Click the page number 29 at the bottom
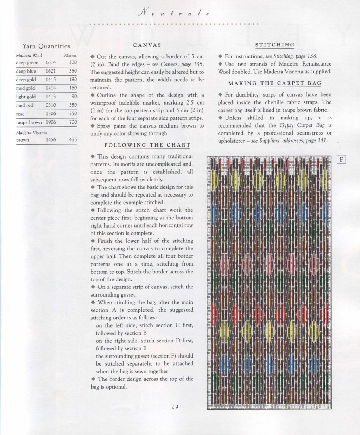tap(175, 407)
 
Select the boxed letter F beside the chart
tap(341, 160)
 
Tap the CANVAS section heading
tap(147, 45)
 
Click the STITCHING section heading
tap(275, 45)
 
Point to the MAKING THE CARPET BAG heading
tap(275, 83)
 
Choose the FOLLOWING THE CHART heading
tap(147, 145)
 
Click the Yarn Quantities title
tap(46, 46)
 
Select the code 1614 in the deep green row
tap(51, 63)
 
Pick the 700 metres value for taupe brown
tap(73, 122)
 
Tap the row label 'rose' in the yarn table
tap(20, 114)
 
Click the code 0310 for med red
tap(51, 105)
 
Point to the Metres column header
tap(70, 55)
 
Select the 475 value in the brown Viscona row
tap(73, 140)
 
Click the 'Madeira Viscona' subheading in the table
tap(31, 133)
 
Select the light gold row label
tap(26, 97)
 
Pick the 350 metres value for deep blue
tap(73, 71)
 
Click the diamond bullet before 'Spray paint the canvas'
tap(93, 126)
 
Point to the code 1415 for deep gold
tap(51, 80)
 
